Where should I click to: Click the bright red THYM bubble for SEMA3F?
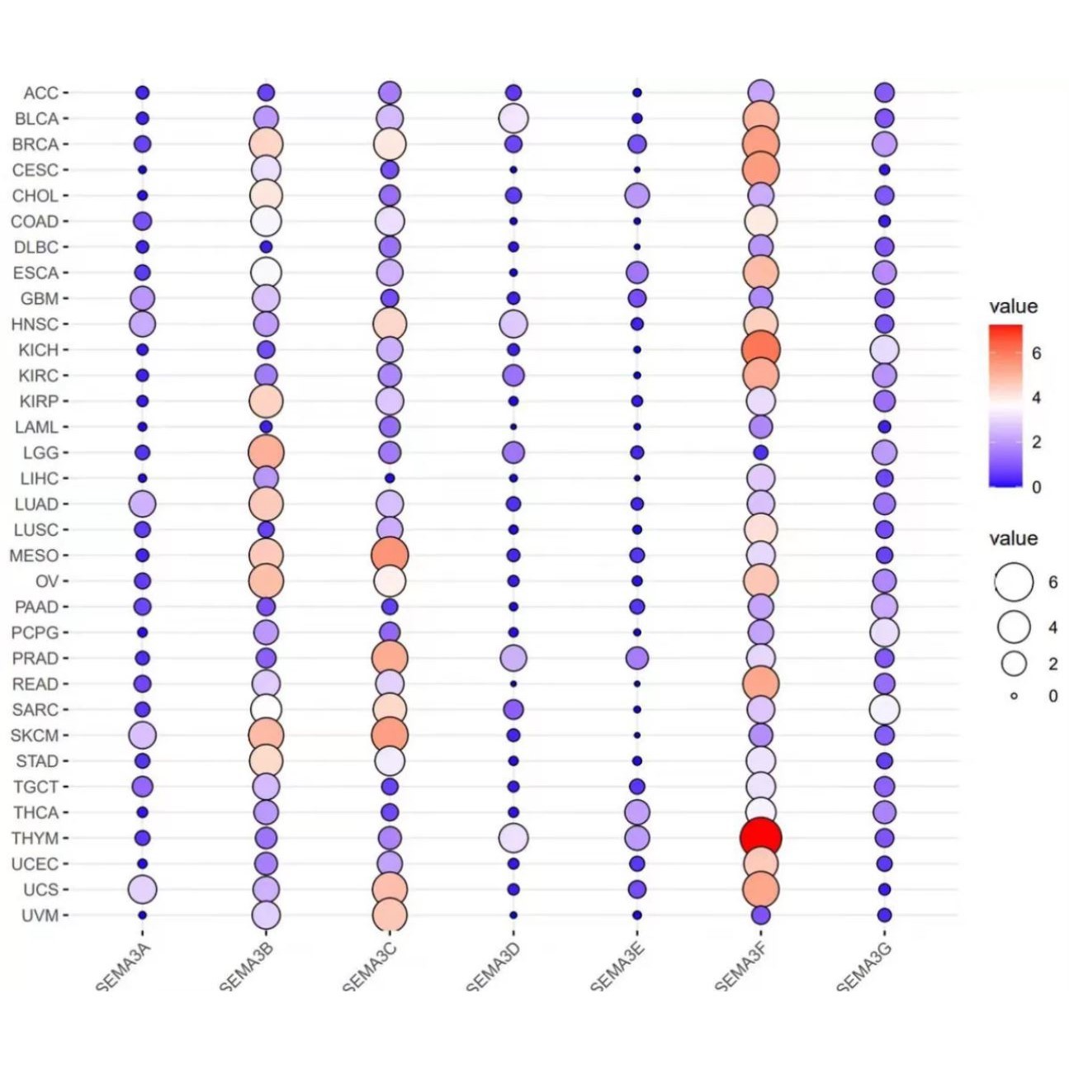coord(760,838)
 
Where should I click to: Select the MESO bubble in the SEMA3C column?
coord(390,556)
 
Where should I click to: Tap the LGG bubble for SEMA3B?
coord(266,452)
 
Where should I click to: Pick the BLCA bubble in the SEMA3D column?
coord(513,118)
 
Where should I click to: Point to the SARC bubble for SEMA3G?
coord(884,709)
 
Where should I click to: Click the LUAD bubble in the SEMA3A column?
coord(142,504)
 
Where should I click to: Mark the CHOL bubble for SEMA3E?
coord(636,196)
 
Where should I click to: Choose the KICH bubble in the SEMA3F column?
coord(760,349)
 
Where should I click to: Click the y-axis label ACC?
coord(40,93)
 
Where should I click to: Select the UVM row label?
coord(40,915)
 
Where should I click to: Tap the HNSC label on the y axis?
coord(35,324)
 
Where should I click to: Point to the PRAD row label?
coord(35,659)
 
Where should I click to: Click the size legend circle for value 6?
coord(1014,582)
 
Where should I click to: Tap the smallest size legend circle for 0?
coord(1014,696)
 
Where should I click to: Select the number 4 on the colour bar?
coord(1037,398)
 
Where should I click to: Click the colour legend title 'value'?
coord(1013,306)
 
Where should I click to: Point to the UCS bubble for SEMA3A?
coord(142,889)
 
